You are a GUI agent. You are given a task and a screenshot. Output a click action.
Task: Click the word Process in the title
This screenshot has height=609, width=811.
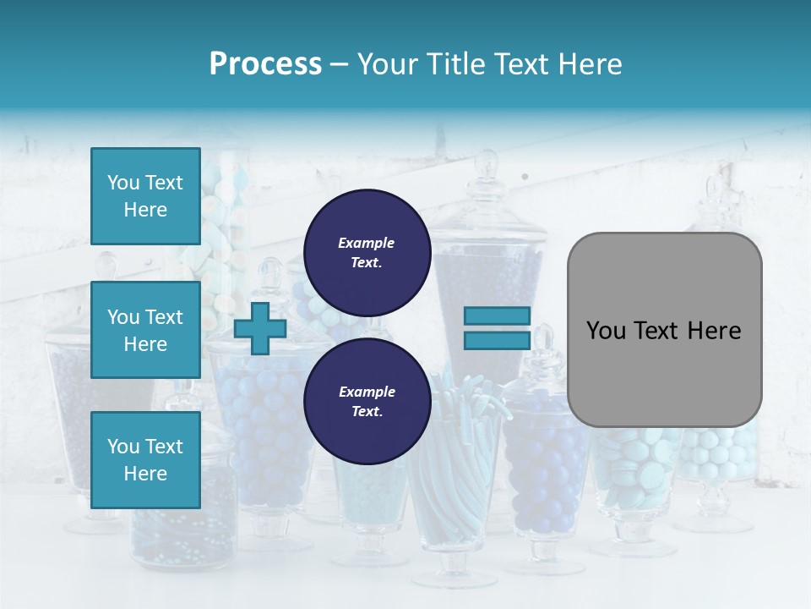pyautogui.click(x=265, y=63)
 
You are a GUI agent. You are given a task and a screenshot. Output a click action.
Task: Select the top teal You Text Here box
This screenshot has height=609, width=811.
pyautogui.click(x=145, y=196)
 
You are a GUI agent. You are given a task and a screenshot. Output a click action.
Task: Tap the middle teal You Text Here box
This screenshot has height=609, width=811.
pyautogui.click(x=145, y=330)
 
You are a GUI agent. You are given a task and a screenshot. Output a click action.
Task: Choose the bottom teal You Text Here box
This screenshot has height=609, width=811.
pyautogui.click(x=145, y=459)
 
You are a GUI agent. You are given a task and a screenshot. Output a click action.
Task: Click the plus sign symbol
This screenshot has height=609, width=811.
pyautogui.click(x=260, y=328)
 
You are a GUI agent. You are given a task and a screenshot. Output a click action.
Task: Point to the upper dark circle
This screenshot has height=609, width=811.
pyautogui.click(x=367, y=252)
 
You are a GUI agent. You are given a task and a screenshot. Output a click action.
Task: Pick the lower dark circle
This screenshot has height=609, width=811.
pyautogui.click(x=367, y=401)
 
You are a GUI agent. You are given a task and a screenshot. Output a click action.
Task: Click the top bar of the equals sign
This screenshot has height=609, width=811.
pyautogui.click(x=497, y=316)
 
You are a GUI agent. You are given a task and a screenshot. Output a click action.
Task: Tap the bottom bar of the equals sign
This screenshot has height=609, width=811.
pyautogui.click(x=497, y=341)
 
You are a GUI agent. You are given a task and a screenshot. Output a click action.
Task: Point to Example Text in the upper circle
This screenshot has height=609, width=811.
pyautogui.click(x=367, y=252)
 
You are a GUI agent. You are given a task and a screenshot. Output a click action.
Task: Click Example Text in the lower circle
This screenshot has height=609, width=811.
pyautogui.click(x=367, y=401)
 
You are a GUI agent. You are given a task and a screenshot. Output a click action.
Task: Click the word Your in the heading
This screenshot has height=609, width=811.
pyautogui.click(x=386, y=63)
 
